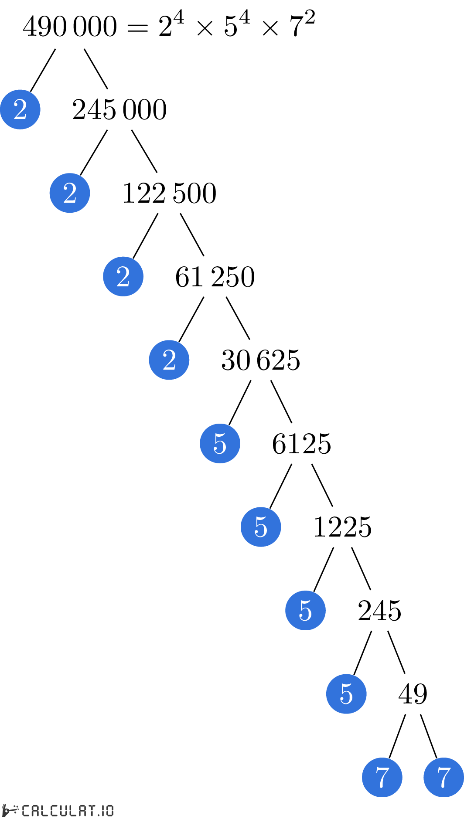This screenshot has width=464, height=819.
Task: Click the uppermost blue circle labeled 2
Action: (20, 109)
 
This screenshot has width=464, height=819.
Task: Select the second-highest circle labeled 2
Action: (70, 193)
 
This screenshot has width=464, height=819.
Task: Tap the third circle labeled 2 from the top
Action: (123, 276)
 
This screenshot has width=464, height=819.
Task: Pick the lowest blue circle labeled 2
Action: (169, 360)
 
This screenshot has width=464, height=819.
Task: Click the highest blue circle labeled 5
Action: (220, 443)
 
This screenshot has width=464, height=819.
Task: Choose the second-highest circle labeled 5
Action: (261, 527)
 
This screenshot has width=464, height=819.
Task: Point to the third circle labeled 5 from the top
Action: (305, 610)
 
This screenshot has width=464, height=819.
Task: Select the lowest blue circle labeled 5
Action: (346, 694)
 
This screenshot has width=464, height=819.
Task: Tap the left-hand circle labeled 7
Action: (382, 777)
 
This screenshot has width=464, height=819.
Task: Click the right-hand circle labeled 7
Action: (444, 777)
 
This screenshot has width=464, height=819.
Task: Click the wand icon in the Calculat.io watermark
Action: (10, 810)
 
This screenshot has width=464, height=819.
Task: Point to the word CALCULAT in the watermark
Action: (58, 810)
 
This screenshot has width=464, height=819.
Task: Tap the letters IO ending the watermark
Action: (107, 810)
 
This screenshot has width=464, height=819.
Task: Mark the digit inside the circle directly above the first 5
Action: (169, 360)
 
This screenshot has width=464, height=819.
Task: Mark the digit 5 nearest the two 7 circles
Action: (346, 694)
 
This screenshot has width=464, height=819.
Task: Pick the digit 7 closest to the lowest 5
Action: (382, 777)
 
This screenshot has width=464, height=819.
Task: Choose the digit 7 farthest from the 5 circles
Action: (444, 777)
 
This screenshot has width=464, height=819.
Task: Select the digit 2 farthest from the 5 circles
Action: (20, 109)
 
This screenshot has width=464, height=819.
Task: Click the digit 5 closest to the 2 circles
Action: (220, 443)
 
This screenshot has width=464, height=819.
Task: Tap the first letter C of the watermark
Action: (26, 810)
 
